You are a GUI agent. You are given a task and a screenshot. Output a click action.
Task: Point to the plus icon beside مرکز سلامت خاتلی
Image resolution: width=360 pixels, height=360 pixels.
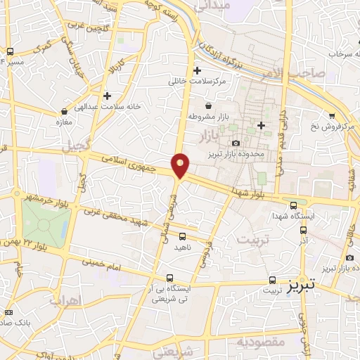pyautogui.click(x=198, y=71)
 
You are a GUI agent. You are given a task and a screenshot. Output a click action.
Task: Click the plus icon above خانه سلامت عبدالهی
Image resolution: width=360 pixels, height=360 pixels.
pyautogui.click(x=107, y=96)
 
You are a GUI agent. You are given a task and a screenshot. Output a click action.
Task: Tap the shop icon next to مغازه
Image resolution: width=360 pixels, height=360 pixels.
pyautogui.click(x=65, y=110)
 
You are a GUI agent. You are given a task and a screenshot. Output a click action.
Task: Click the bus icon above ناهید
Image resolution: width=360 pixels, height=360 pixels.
pyautogui.click(x=183, y=236)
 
